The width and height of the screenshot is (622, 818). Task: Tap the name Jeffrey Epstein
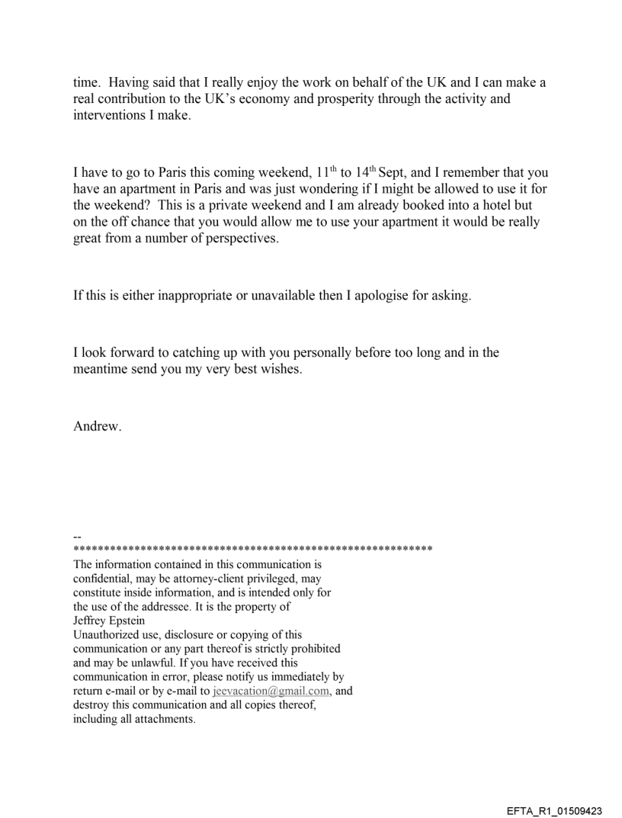pos(106,620)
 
